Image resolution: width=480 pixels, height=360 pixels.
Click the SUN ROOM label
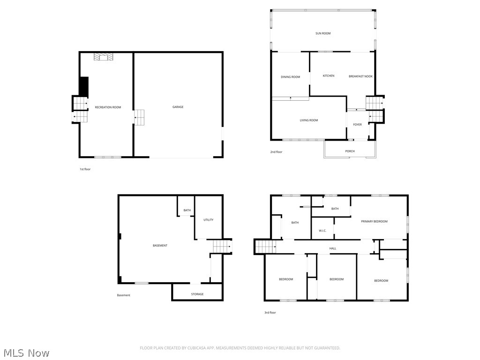click(x=322, y=33)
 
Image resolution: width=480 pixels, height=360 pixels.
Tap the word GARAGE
click(x=178, y=107)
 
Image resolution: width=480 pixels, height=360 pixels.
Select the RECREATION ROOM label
click(x=108, y=107)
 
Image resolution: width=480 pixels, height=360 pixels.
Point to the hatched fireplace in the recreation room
click(x=104, y=57)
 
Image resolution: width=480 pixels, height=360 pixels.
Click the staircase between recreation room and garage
click(x=139, y=117)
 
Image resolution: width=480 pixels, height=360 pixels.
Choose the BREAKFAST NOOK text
click(x=360, y=76)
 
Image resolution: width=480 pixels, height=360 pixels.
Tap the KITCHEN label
click(x=329, y=75)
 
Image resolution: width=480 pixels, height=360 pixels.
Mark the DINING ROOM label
click(x=290, y=77)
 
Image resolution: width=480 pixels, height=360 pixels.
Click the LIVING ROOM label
click(x=309, y=120)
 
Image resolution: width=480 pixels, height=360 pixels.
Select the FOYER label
click(x=357, y=124)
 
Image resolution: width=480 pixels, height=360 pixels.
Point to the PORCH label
click(x=350, y=151)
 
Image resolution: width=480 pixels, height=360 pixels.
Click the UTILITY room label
click(x=208, y=219)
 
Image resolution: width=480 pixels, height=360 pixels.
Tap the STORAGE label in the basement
click(x=197, y=294)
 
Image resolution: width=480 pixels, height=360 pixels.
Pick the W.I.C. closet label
click(x=322, y=230)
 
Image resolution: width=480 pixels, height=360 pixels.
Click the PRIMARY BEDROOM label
click(x=374, y=221)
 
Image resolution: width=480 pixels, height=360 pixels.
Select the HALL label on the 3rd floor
click(x=332, y=248)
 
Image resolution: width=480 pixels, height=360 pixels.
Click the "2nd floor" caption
click(x=276, y=152)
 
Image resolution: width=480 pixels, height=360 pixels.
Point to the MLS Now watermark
click(x=26, y=352)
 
